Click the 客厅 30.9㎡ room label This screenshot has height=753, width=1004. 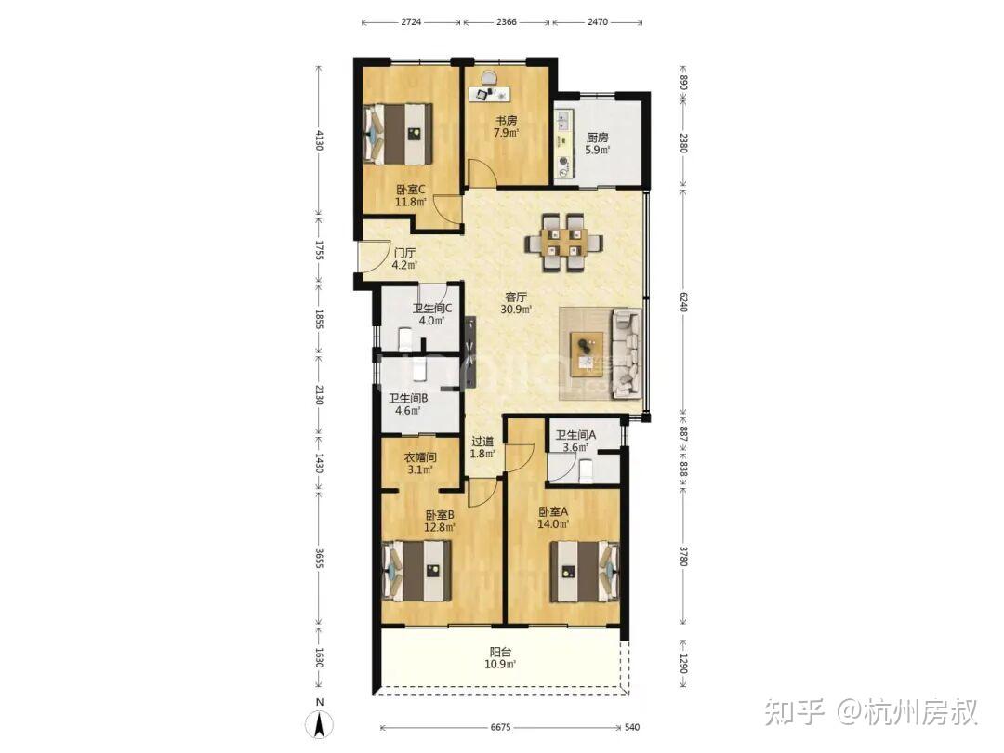coord(516,303)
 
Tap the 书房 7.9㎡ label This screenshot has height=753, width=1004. coord(506,126)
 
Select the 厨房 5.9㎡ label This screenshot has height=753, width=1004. coord(597,144)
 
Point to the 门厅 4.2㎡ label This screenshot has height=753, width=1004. coord(404,258)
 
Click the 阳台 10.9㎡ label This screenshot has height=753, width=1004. coord(500,657)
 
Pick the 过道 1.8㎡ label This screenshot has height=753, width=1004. coord(482,447)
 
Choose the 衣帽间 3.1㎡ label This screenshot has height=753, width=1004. coord(420,463)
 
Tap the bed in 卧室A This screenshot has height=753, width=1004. coord(585,572)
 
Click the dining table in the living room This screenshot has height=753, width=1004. coord(563,243)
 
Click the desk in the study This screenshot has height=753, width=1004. coord(490,95)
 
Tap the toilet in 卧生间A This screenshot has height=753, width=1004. coord(586,472)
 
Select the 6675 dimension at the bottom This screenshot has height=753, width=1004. coord(501,727)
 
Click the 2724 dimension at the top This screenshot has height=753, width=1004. coord(411,21)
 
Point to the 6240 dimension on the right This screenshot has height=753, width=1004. coord(683,301)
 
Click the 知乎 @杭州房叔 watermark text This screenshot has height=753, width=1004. coord(871,712)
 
